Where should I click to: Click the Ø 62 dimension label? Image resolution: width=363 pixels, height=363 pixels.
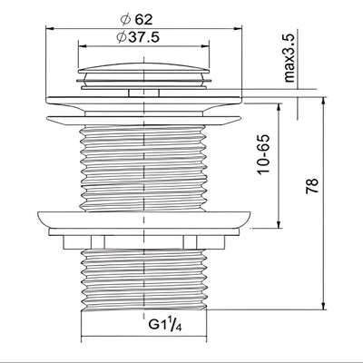136,20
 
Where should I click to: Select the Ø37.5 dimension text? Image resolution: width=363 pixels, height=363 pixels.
138,37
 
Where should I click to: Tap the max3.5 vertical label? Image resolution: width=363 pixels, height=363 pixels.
289,58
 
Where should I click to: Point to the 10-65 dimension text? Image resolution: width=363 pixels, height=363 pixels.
263,154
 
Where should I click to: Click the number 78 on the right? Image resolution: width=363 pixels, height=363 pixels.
312,186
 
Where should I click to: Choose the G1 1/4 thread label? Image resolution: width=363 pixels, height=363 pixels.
165,325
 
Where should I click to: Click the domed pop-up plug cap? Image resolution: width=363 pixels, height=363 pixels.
143,68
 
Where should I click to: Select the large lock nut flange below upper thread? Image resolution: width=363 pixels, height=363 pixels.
144,220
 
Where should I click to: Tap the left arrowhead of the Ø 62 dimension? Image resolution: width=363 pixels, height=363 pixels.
49,29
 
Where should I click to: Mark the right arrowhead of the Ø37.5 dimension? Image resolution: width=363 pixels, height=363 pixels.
205,46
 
